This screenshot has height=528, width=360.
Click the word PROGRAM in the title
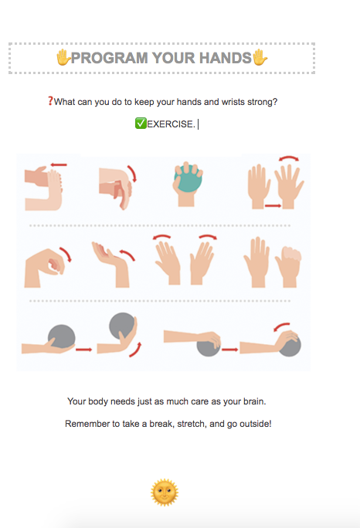tap(110, 58)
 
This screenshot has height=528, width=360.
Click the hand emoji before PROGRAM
tap(63, 57)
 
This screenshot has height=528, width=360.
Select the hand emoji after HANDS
tap(260, 57)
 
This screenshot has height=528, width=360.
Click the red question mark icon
tap(50, 100)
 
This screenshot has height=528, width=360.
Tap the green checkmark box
tap(141, 124)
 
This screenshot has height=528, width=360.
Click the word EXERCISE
tap(171, 124)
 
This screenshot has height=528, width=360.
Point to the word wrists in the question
tap(233, 102)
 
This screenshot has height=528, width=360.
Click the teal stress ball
tap(188, 178)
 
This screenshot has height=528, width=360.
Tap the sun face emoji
tap(165, 492)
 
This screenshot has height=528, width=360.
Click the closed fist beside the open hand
tap(289, 266)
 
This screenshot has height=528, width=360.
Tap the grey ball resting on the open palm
tap(62, 337)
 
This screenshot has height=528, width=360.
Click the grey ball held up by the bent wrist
tap(122, 326)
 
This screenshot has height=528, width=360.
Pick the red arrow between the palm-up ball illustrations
tap(83, 350)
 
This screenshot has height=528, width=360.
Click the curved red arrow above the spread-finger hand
tap(289, 158)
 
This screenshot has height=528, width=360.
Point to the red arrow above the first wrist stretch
tap(59, 164)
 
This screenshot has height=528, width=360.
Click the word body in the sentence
tap(98, 401)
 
